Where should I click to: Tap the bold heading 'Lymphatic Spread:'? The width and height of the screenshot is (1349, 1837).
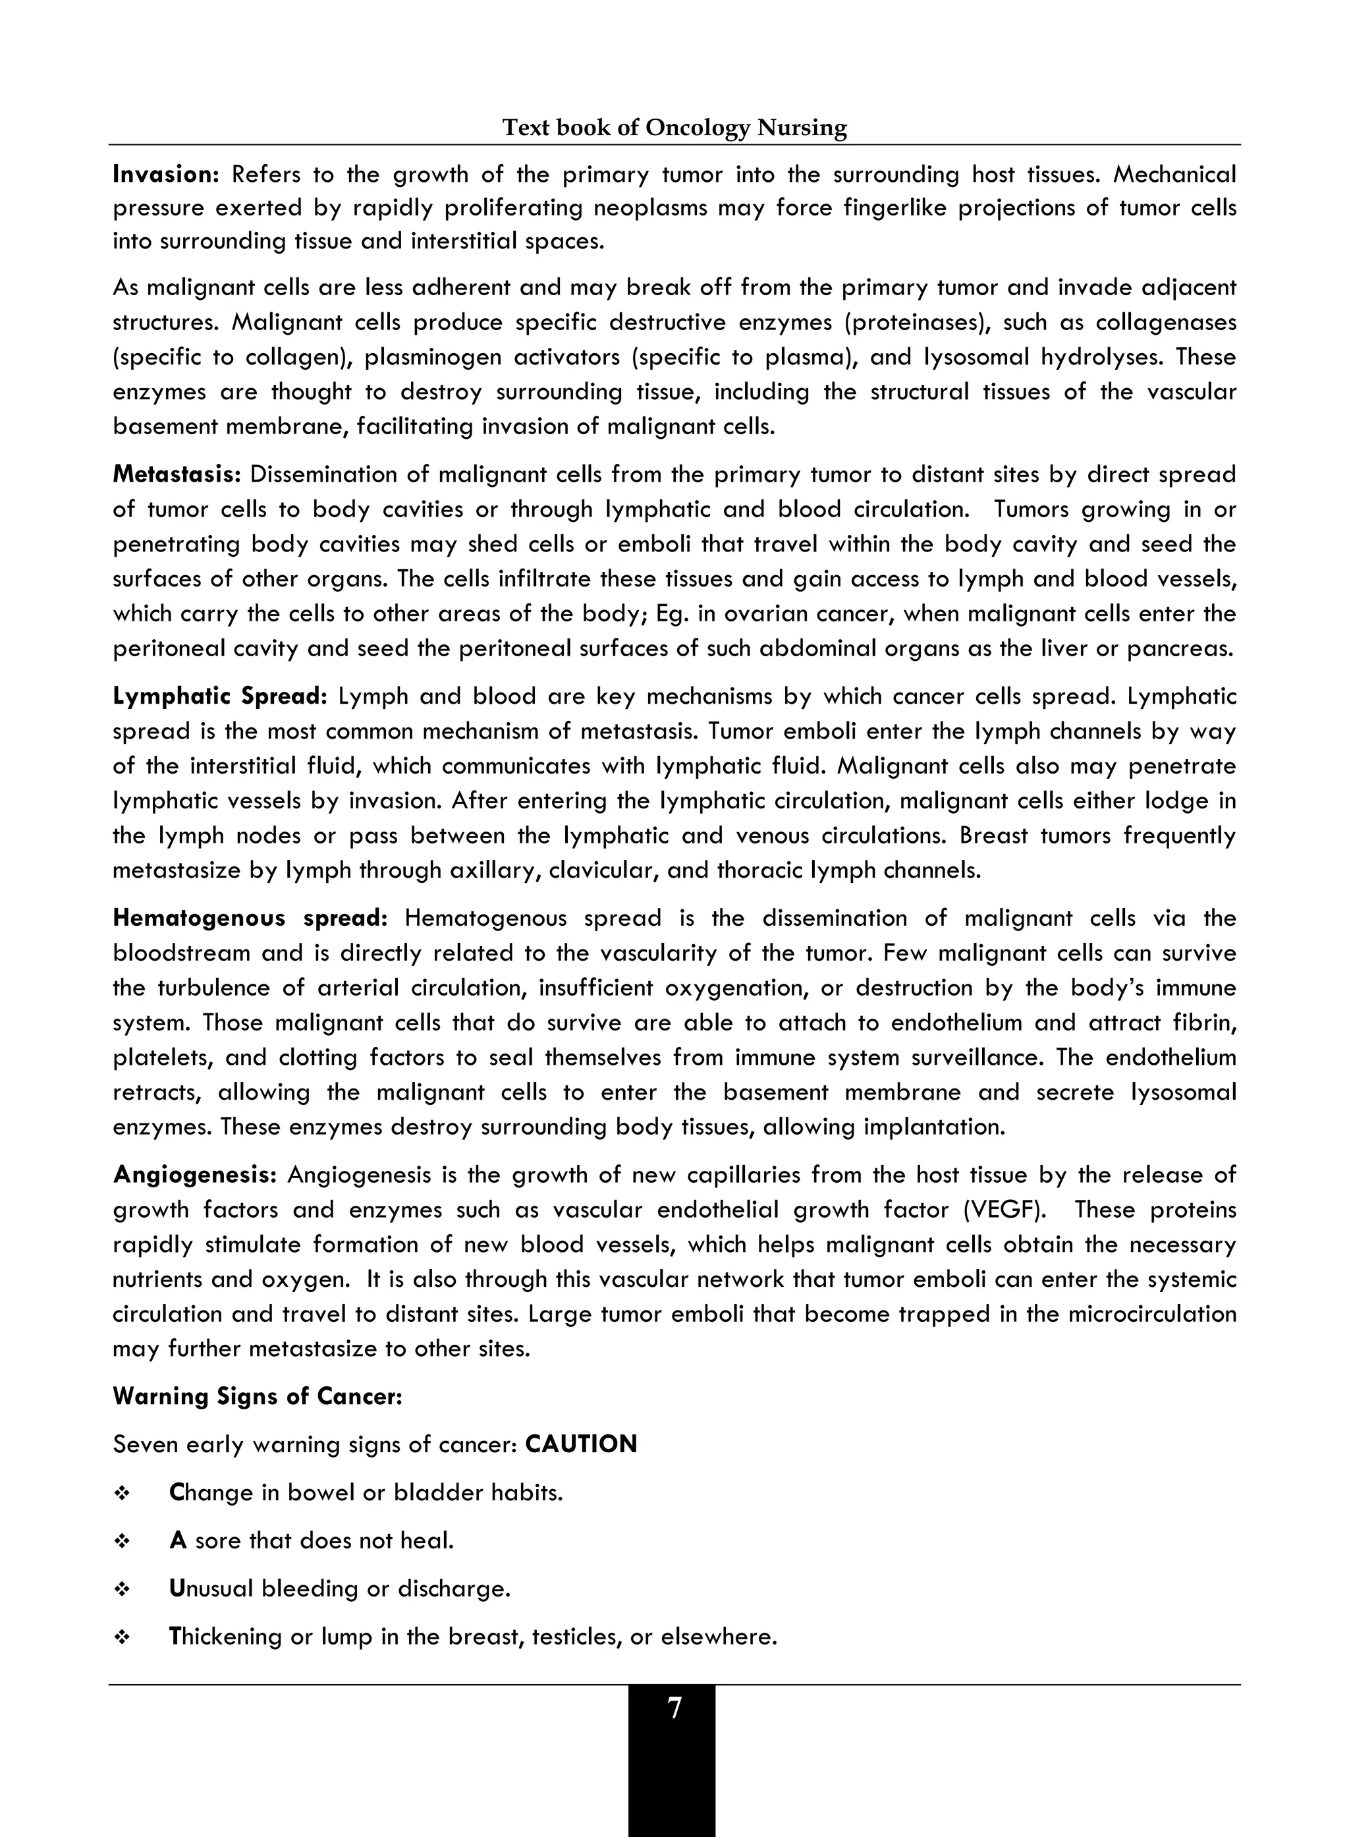(219, 696)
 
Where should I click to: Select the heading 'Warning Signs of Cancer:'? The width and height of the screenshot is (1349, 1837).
(258, 1396)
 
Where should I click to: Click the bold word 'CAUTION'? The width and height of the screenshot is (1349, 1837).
(580, 1444)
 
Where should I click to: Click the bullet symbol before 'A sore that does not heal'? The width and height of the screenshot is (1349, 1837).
(123, 1541)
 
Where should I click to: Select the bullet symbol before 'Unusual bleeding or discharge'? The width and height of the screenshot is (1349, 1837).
(123, 1589)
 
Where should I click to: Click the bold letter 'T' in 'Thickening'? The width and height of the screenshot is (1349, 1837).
(176, 1636)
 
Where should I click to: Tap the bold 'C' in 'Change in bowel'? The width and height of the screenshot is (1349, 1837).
(177, 1492)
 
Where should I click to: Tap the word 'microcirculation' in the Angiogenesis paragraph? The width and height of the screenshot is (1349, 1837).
(1152, 1314)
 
